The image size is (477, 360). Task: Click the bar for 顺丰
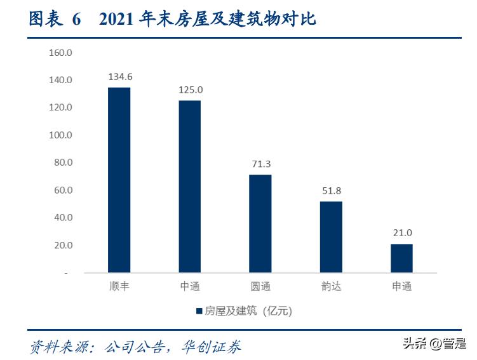[119, 180]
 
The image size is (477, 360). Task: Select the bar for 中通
[189, 186]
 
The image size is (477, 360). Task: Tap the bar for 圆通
[260, 223]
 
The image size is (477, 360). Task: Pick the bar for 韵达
[330, 237]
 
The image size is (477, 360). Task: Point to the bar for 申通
[401, 258]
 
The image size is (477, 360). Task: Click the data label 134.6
[119, 77]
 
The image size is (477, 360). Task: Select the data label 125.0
[190, 90]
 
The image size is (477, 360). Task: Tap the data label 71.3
[260, 164]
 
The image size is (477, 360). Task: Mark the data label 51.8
[331, 190]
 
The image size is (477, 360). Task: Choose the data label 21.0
[401, 233]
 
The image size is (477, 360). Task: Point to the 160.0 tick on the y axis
[61, 53]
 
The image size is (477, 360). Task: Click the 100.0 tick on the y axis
[61, 135]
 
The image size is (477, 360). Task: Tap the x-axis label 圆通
[260, 286]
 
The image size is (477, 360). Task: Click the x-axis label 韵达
[331, 286]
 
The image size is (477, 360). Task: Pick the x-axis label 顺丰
[119, 286]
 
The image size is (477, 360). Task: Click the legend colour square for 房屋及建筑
[198, 311]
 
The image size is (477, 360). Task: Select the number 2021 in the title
[118, 20]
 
